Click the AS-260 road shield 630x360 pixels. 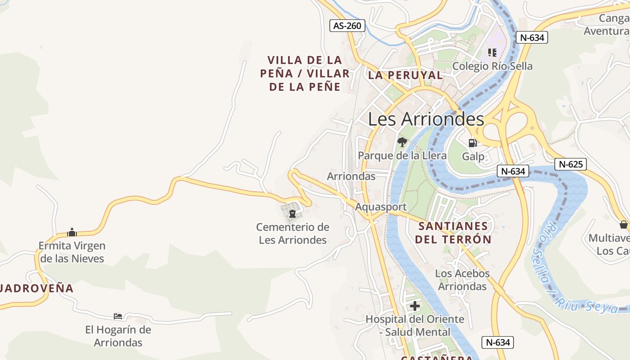[347, 26]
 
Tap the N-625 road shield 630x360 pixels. [571, 164]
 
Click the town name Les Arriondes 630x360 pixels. [426, 119]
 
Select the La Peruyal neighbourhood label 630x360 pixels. [405, 75]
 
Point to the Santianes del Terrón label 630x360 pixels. [453, 232]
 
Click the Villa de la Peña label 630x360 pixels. [305, 73]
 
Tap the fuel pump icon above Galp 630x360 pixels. [472, 143]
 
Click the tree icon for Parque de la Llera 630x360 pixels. [402, 142]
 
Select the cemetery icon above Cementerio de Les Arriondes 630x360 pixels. [292, 213]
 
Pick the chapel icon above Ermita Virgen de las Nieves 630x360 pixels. [72, 232]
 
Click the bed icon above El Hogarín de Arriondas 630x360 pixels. [118, 316]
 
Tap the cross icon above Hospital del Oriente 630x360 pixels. [415, 306]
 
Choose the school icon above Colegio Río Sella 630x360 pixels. [493, 53]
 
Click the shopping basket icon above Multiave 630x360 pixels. [623, 224]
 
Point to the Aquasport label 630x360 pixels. [381, 207]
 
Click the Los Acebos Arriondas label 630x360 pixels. [462, 280]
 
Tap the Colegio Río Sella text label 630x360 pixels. [492, 66]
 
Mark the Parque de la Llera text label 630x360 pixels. [402, 156]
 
